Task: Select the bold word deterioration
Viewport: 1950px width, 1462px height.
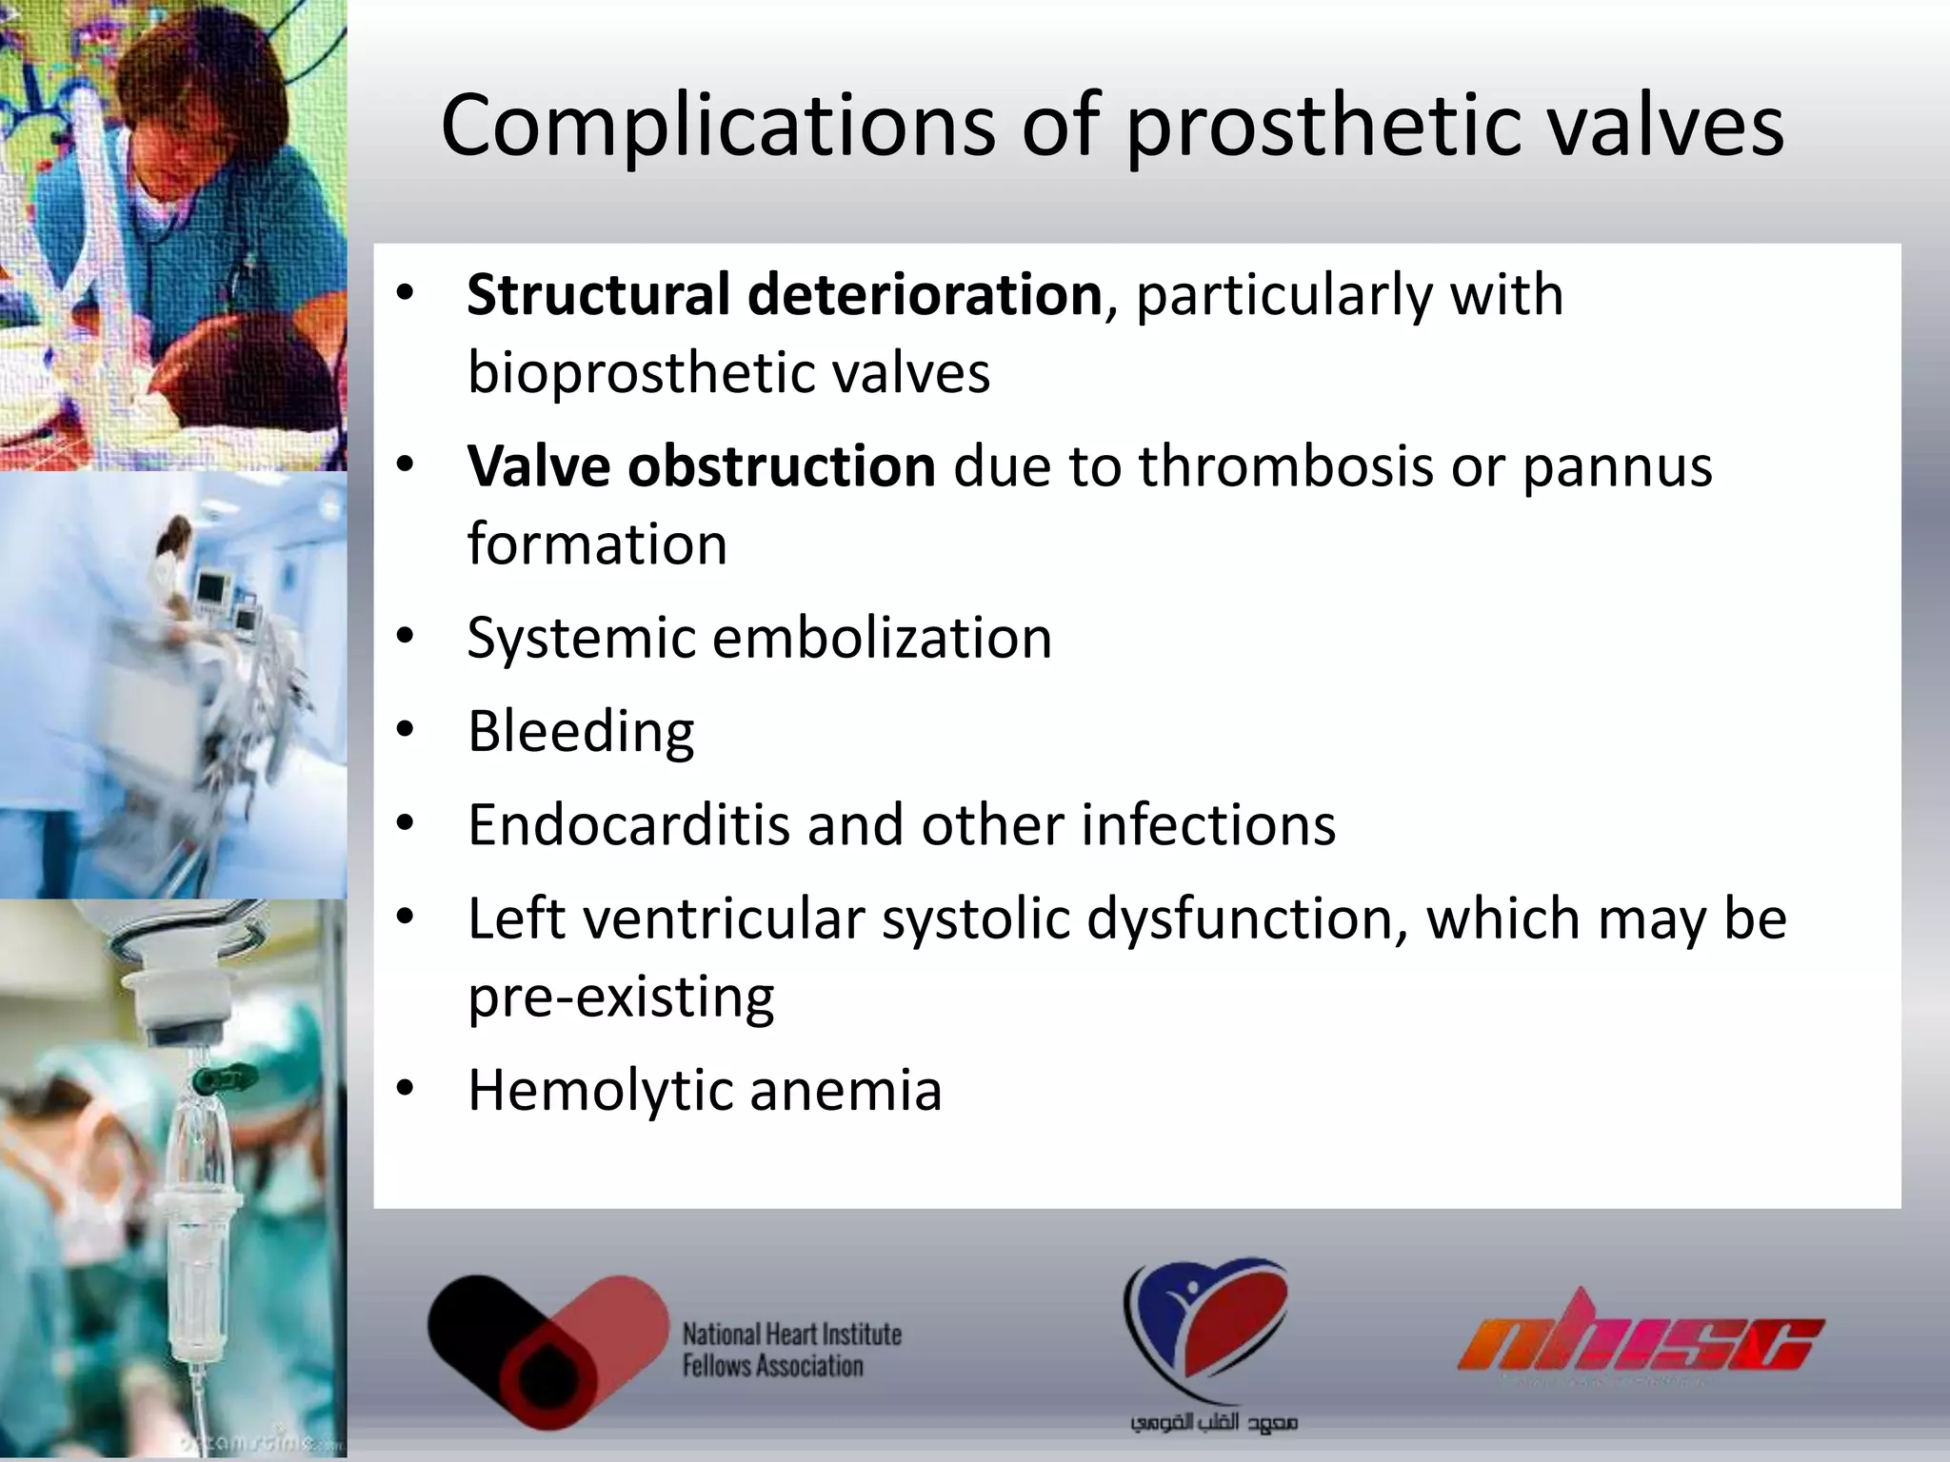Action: coord(925,294)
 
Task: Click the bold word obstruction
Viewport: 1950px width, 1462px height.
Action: coord(781,466)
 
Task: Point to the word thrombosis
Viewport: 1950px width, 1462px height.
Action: coord(1285,466)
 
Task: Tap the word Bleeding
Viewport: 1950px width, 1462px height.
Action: coord(581,732)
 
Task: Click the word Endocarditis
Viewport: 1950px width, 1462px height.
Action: coord(628,824)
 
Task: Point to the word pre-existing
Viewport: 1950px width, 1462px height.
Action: coord(621,998)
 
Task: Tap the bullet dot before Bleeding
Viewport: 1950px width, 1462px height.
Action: coord(406,730)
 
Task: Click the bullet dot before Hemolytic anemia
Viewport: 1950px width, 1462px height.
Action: coord(406,1088)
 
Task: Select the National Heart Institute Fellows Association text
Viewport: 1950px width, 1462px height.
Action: coord(791,1350)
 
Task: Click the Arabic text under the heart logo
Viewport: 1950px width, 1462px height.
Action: coord(1213,1423)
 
